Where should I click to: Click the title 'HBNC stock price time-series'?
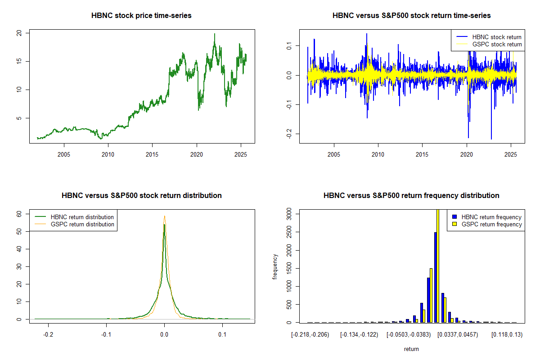coord(141,16)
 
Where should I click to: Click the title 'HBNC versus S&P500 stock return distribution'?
coord(141,196)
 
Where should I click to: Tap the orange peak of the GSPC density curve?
coord(165,216)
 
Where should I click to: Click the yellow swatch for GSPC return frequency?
coord(454,224)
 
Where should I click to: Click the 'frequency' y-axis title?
coord(275,266)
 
